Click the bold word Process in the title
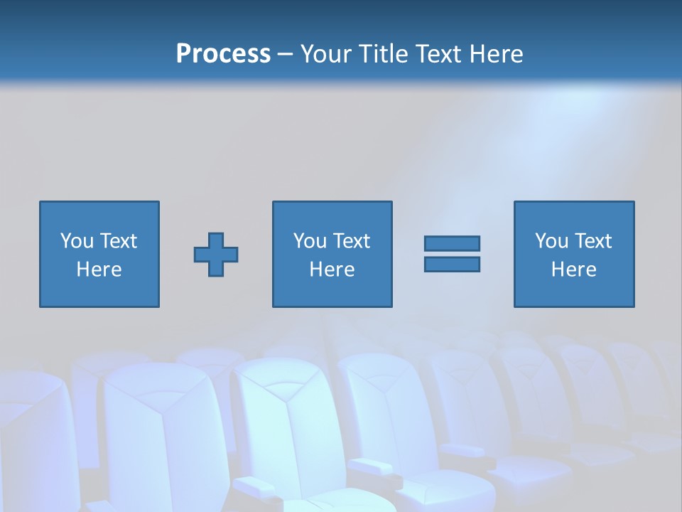223,54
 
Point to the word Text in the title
438,54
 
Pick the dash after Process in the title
286,55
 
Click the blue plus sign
216,254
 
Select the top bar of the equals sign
452,243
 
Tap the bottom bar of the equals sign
452,264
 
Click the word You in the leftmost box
77,241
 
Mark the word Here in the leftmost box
99,270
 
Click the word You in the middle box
310,241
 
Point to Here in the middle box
332,270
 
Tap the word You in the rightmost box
551,241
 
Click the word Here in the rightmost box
573,270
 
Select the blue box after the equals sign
574,292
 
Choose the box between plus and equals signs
332,292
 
